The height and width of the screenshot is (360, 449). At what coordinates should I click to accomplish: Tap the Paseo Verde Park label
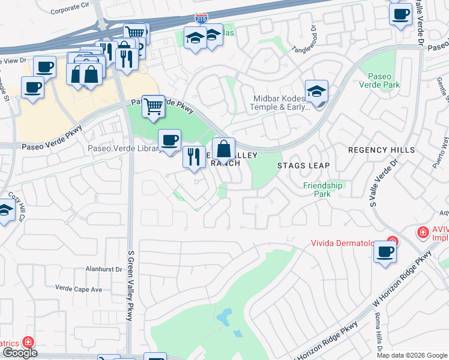point(383,81)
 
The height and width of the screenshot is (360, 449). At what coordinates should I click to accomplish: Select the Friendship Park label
point(322,190)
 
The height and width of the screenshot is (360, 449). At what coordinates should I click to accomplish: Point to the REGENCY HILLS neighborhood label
point(381,149)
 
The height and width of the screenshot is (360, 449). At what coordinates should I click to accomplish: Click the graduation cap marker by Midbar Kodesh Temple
point(316,92)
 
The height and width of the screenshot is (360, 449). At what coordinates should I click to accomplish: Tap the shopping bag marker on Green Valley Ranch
point(223,148)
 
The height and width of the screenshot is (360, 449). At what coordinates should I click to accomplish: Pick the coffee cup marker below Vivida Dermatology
point(385,251)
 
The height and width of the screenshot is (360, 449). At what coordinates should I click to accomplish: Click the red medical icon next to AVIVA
point(423,232)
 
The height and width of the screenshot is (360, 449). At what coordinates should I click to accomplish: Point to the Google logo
point(19,353)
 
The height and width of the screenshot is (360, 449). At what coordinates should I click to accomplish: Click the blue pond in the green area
point(226,316)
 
